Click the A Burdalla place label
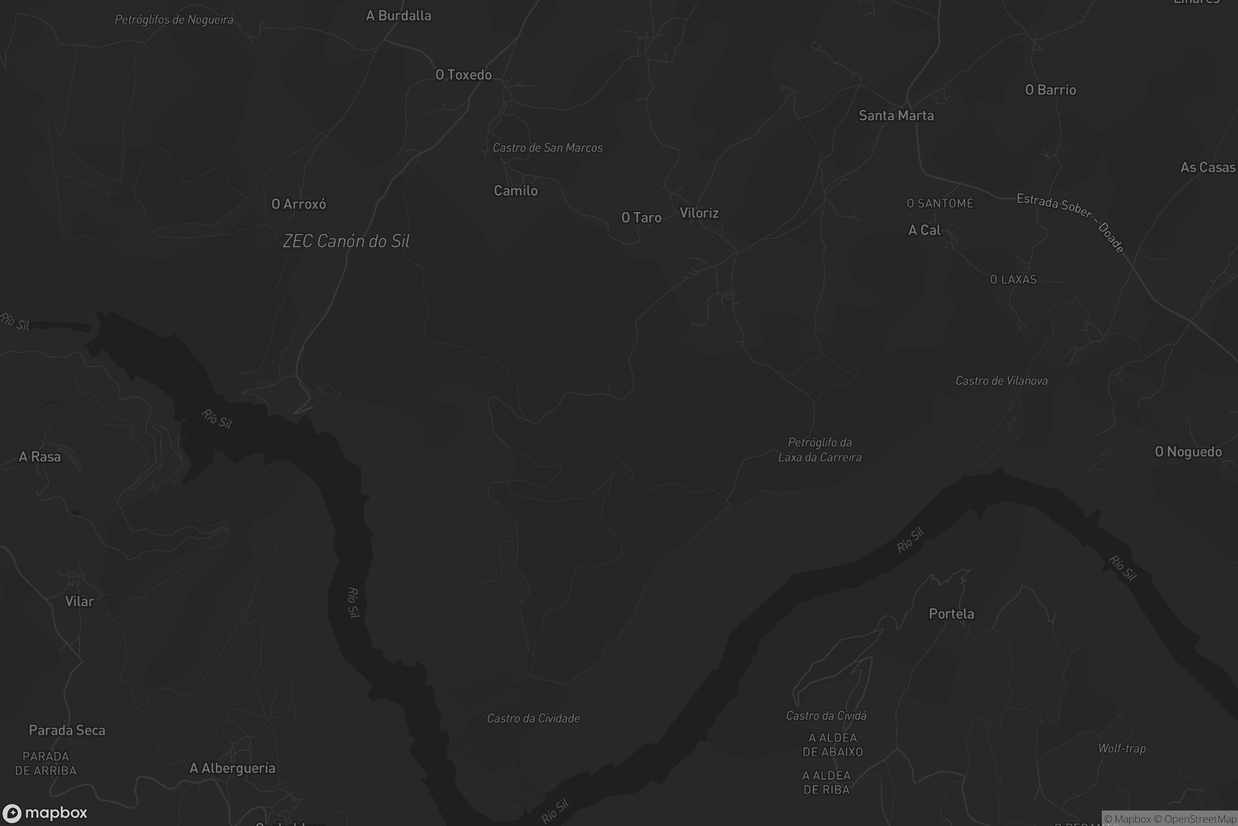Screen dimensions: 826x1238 pyautogui.click(x=398, y=16)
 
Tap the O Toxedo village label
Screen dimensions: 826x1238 pyautogui.click(x=463, y=75)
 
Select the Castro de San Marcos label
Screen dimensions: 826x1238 pyautogui.click(x=547, y=148)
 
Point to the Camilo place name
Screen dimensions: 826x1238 pyautogui.click(x=515, y=190)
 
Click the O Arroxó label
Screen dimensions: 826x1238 pyautogui.click(x=299, y=204)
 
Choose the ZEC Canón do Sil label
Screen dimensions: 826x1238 pyautogui.click(x=346, y=241)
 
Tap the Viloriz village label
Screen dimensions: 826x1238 pyautogui.click(x=698, y=213)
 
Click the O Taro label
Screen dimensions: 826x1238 pyautogui.click(x=641, y=217)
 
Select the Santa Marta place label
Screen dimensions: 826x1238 pyautogui.click(x=896, y=115)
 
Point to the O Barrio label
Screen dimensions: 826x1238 pyautogui.click(x=1050, y=90)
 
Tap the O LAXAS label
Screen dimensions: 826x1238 pyautogui.click(x=1013, y=280)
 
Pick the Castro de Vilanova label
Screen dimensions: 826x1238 pyautogui.click(x=1001, y=381)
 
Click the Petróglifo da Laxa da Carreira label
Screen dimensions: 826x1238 pyautogui.click(x=820, y=450)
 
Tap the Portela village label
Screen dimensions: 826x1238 pyautogui.click(x=951, y=614)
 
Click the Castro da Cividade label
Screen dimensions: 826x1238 pyautogui.click(x=533, y=719)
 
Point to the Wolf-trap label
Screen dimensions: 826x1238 pyautogui.click(x=1121, y=749)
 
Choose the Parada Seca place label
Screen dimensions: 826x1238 pyautogui.click(x=67, y=730)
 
